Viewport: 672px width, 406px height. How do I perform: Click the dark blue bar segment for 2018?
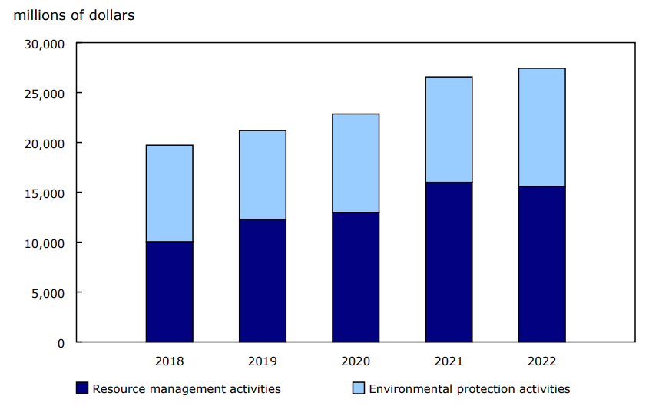tap(169, 292)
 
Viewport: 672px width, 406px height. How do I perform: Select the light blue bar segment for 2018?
tap(169, 193)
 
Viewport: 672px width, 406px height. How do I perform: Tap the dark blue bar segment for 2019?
tap(262, 280)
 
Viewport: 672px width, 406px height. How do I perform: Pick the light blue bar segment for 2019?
tap(262, 175)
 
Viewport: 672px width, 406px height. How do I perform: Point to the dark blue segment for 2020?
tap(356, 277)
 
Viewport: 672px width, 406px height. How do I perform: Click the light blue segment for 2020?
tap(356, 163)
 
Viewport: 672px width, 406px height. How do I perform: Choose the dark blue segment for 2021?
tap(449, 262)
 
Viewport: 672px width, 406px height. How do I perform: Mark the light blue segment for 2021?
tap(449, 130)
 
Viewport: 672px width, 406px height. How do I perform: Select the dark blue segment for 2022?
tap(541, 264)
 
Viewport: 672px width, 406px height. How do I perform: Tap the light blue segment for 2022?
tap(541, 127)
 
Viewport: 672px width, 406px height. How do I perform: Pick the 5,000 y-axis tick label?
tap(49, 292)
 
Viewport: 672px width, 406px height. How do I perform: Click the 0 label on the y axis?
tap(61, 342)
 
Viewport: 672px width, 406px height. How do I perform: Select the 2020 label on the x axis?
tap(356, 361)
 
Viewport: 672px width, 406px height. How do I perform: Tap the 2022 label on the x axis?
tap(541, 361)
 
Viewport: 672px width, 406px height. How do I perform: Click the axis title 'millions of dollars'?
tap(74, 15)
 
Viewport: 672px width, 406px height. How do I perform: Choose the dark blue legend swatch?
tap(82, 388)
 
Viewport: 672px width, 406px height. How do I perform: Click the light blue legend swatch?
tap(359, 388)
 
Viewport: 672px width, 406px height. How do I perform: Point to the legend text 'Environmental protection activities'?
tap(469, 389)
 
